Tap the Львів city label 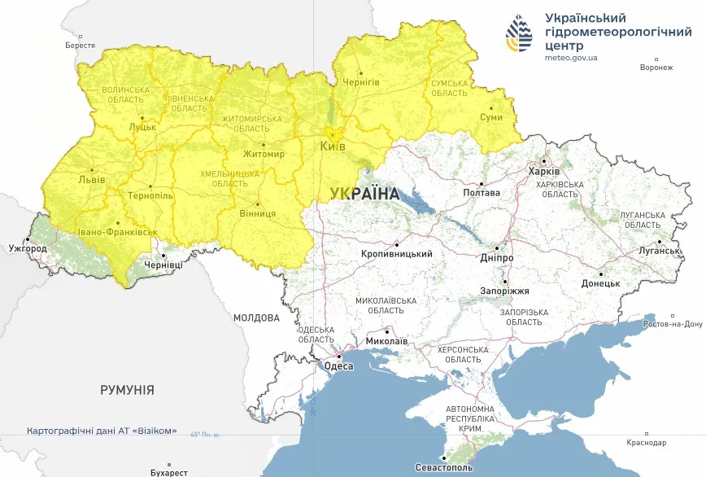coord(91,179)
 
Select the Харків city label coord(544,172)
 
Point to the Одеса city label coord(338,366)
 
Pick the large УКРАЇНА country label coord(365,194)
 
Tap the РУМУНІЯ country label coord(127,390)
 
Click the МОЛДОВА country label coord(256,317)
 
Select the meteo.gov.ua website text coord(571,58)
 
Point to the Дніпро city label coord(497,258)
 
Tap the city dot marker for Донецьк coord(600,274)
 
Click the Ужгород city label coord(23,247)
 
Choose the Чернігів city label coord(361,83)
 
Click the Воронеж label coord(656,68)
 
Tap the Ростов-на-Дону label coord(672,324)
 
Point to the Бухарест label coord(169,472)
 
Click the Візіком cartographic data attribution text coord(102,431)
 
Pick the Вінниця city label coord(258,213)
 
